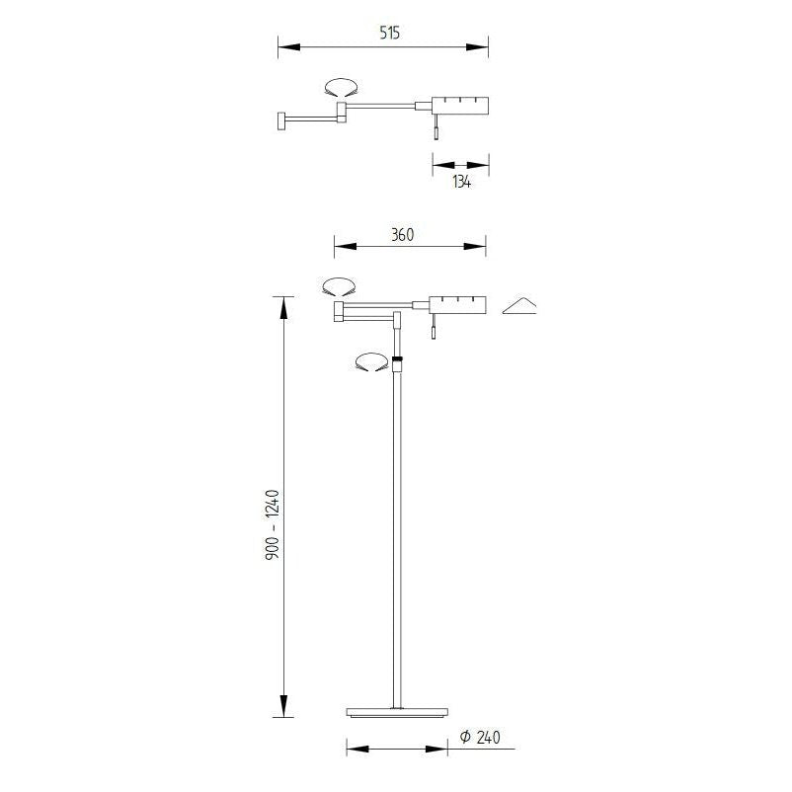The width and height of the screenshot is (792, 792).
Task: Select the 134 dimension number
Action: click(460, 182)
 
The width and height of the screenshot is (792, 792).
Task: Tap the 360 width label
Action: click(401, 234)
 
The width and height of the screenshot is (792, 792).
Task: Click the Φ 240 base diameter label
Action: click(482, 737)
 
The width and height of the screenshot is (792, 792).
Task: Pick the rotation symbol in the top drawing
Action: click(340, 88)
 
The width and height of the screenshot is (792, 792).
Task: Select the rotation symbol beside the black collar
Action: click(370, 362)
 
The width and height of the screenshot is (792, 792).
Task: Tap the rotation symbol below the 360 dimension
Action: click(338, 287)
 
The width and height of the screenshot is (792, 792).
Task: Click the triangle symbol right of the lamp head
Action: click(519, 307)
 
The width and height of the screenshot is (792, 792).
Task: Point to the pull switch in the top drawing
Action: click(436, 131)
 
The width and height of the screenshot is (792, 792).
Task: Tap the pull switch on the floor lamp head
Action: click(433, 331)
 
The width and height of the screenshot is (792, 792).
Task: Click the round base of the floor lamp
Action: click(398, 712)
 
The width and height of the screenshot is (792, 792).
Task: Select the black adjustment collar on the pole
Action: click(397, 357)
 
